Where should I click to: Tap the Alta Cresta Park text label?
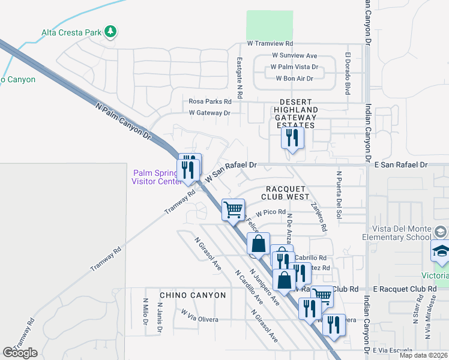(x=71, y=32)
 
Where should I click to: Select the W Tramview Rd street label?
(x=270, y=44)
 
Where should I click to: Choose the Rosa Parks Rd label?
(x=211, y=102)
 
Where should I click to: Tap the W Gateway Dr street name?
(x=209, y=113)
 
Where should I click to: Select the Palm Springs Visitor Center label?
(x=156, y=178)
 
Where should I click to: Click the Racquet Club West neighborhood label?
(x=286, y=192)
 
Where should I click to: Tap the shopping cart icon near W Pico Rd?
(x=233, y=209)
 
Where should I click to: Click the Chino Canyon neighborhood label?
(x=193, y=295)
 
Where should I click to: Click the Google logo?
(x=20, y=353)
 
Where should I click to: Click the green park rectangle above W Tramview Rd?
(x=270, y=25)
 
